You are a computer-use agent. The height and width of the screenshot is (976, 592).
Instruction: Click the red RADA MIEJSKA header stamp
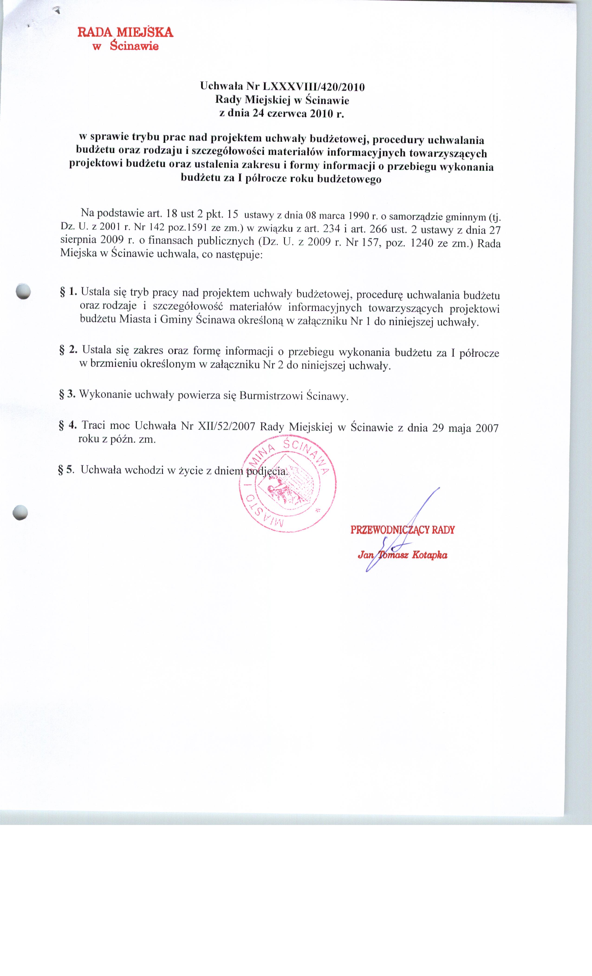(x=125, y=38)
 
